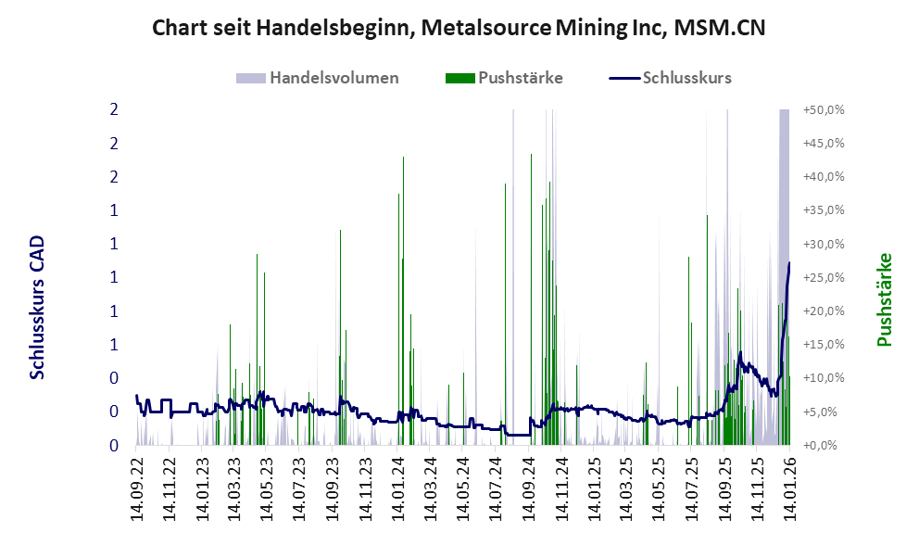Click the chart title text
459,28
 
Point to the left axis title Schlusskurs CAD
37,308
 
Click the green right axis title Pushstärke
884,299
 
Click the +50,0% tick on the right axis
824,109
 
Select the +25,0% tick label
824,277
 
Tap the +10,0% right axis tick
824,378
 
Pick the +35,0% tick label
824,210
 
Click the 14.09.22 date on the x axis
136,485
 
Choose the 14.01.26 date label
790,485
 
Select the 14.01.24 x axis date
398,485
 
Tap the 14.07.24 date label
497,485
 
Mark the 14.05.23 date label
267,485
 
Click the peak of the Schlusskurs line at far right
789,263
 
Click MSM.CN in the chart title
721,28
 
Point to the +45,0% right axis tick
824,143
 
